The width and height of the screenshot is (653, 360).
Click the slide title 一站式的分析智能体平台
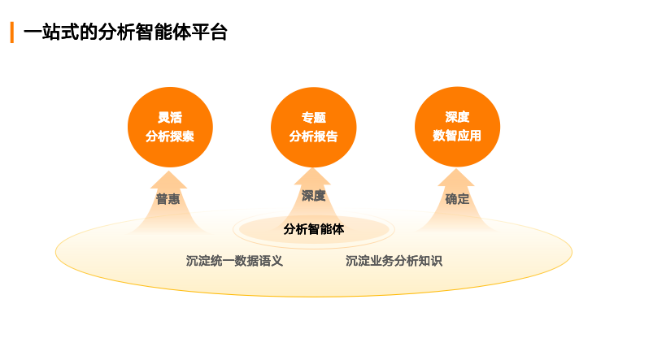pyautogui.click(x=125, y=33)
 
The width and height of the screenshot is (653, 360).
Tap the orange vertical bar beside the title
pyautogui.click(x=12, y=33)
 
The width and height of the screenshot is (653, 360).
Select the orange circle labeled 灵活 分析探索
pyautogui.click(x=170, y=127)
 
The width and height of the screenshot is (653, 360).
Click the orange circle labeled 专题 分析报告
pyautogui.click(x=314, y=127)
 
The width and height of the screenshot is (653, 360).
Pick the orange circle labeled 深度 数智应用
pyautogui.click(x=457, y=127)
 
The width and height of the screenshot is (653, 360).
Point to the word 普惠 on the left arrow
pyautogui.click(x=168, y=199)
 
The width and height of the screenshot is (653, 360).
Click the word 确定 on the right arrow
pyautogui.click(x=457, y=199)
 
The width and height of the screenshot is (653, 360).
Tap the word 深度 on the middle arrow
pyautogui.click(x=314, y=196)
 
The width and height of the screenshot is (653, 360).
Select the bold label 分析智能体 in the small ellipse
pyautogui.click(x=314, y=229)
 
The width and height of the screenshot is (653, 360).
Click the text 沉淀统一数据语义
pyautogui.click(x=234, y=261)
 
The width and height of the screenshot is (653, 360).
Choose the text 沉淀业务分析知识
pyautogui.click(x=394, y=261)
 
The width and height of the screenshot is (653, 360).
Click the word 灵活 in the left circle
pyautogui.click(x=170, y=117)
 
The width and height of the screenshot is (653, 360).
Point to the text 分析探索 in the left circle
pyautogui.click(x=170, y=136)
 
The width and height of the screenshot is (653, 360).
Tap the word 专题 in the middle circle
pyautogui.click(x=314, y=118)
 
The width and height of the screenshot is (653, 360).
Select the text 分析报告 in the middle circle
pyautogui.click(x=314, y=136)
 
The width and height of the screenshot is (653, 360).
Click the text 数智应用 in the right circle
pyautogui.click(x=457, y=135)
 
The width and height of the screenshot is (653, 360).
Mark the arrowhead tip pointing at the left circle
pyautogui.click(x=168, y=171)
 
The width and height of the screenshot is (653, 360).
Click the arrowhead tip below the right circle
pyautogui.click(x=456, y=168)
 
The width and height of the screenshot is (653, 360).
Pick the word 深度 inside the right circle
pyautogui.click(x=457, y=117)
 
